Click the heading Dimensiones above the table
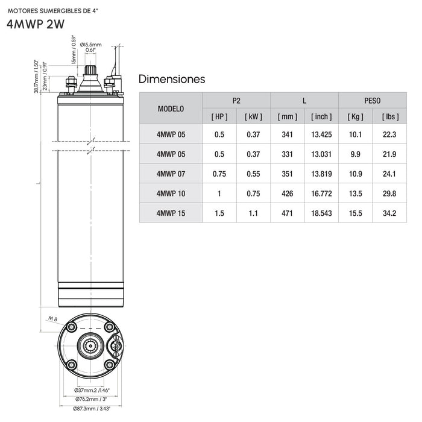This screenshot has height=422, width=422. tap(172, 79)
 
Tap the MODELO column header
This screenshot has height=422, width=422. tap(171, 109)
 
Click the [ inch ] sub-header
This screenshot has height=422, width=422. tap(321, 116)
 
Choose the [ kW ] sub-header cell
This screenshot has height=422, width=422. tap(253, 116)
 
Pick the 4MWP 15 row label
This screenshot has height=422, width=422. tap(171, 213)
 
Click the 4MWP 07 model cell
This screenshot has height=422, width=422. tap(171, 174)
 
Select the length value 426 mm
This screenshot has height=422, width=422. tap(288, 194)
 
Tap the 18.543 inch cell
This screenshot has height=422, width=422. tap(321, 213)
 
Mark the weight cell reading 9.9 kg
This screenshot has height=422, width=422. tap(355, 154)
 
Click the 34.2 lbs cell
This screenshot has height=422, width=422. tap(389, 213)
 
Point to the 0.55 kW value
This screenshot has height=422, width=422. tap(253, 174)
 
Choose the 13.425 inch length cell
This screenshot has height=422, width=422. tap(321, 134)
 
